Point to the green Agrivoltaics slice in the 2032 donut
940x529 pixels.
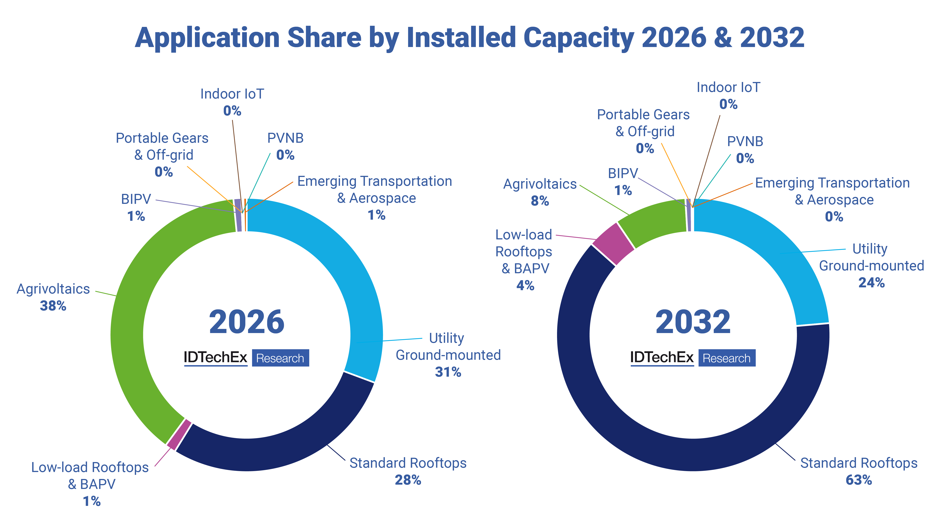point(653,221)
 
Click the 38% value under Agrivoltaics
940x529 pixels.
point(53,306)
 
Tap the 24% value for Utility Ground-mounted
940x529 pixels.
point(871,283)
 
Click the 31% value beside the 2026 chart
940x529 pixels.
point(448,372)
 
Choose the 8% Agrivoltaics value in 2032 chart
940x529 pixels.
point(540,201)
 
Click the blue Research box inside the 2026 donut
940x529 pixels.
point(280,358)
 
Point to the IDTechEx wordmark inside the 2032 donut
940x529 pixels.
point(662,357)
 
